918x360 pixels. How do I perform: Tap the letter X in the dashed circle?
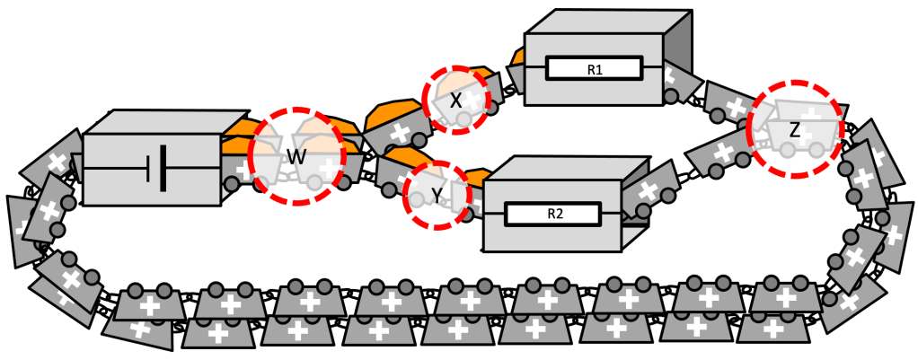point(455,101)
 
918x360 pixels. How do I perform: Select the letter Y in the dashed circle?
point(437,195)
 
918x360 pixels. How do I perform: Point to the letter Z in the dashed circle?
point(794,130)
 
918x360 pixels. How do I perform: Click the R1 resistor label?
point(594,69)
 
